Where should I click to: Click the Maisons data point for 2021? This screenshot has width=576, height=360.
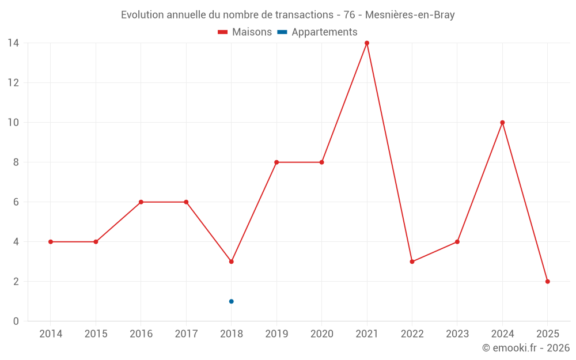[367, 43]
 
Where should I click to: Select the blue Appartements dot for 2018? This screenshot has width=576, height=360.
[232, 301]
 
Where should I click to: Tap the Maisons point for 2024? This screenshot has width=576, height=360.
[502, 123]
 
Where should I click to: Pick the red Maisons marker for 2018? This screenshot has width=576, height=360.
[232, 262]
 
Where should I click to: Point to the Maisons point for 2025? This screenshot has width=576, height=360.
[548, 282]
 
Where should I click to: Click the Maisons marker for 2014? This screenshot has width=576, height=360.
[51, 242]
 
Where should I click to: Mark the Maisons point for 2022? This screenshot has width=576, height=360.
[412, 262]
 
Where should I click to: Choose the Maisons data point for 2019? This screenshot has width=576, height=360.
[276, 162]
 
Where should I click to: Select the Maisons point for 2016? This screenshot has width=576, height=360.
[141, 202]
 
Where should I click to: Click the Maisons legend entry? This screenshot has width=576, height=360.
[245, 32]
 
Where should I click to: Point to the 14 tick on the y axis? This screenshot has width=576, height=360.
[13, 43]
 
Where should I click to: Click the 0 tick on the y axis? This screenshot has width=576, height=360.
[16, 321]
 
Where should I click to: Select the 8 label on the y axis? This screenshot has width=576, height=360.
[16, 162]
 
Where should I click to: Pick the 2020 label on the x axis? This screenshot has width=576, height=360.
[321, 334]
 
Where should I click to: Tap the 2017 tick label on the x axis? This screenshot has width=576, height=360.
[186, 334]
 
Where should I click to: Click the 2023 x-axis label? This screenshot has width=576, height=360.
[457, 334]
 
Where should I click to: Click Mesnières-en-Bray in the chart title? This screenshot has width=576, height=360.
[410, 15]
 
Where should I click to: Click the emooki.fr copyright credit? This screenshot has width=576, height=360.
[526, 348]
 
